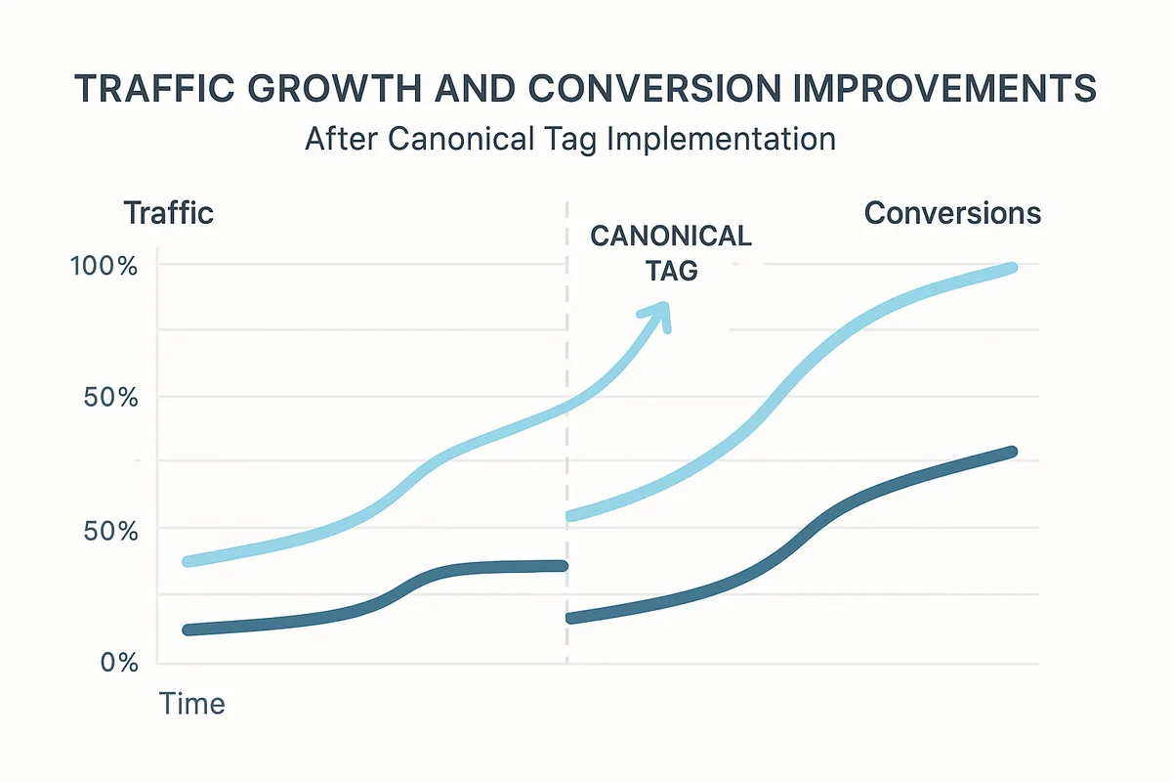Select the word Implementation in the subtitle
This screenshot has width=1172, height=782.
click(x=721, y=138)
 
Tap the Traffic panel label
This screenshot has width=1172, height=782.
click(x=168, y=212)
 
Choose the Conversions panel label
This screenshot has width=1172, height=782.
click(x=952, y=212)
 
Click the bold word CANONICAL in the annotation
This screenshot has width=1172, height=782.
click(x=671, y=237)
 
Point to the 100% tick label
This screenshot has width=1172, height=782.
click(x=105, y=265)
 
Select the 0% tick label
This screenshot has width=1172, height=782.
click(x=118, y=663)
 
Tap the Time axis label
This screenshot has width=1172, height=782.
click(x=192, y=703)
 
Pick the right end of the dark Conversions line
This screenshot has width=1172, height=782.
click(x=1011, y=452)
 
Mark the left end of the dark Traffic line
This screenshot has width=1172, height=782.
click(x=188, y=630)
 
